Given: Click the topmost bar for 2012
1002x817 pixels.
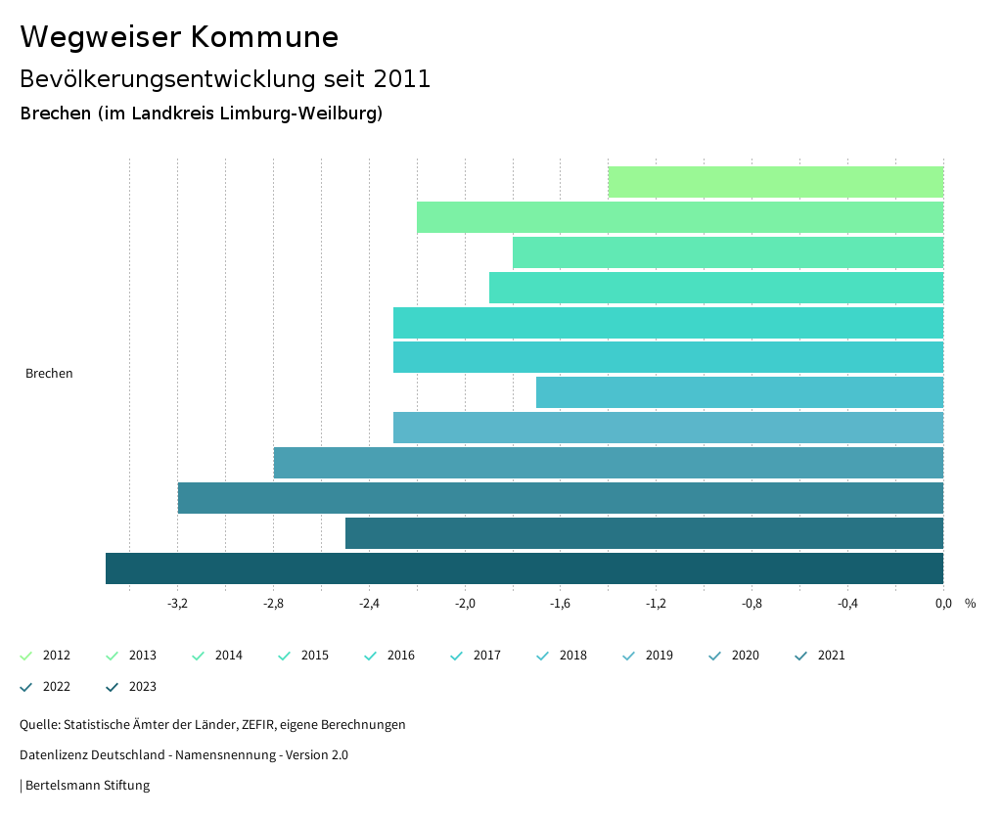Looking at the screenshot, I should pyautogui.click(x=775, y=182).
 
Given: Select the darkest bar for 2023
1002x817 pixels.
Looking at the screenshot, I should pyautogui.click(x=524, y=568).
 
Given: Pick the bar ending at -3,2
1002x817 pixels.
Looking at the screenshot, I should pyautogui.click(x=561, y=498).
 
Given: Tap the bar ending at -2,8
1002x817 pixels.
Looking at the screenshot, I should pyautogui.click(x=609, y=463).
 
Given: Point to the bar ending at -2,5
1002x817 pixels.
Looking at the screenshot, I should pyautogui.click(x=644, y=533).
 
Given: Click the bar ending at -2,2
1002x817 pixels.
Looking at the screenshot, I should pyautogui.click(x=680, y=217).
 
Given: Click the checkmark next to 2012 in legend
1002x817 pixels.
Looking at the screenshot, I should pyautogui.click(x=26, y=656).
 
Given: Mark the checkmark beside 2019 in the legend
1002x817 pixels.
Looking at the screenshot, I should pyautogui.click(x=629, y=656).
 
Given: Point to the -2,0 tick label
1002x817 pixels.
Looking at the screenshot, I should pyautogui.click(x=465, y=604).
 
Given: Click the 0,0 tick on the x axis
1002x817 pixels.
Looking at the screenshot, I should pyautogui.click(x=943, y=604).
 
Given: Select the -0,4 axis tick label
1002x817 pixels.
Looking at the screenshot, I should pyautogui.click(x=847, y=604).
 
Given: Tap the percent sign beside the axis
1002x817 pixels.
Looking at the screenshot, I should pyautogui.click(x=970, y=604).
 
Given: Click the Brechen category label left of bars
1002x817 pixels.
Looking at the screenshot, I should pyautogui.click(x=49, y=373).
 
